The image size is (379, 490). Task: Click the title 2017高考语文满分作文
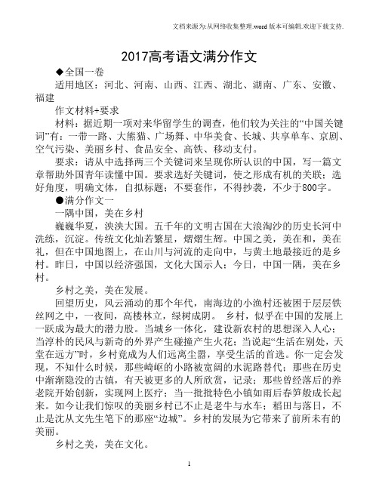point(189,56)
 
